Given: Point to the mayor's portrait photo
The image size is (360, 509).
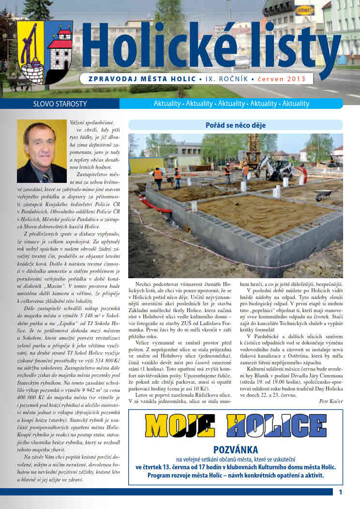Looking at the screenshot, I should point(41,150).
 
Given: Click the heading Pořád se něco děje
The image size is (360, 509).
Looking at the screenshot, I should point(235,125).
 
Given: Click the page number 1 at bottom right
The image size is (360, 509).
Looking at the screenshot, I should point(341,493).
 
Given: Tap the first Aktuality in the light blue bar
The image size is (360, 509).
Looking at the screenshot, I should point(166,104).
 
